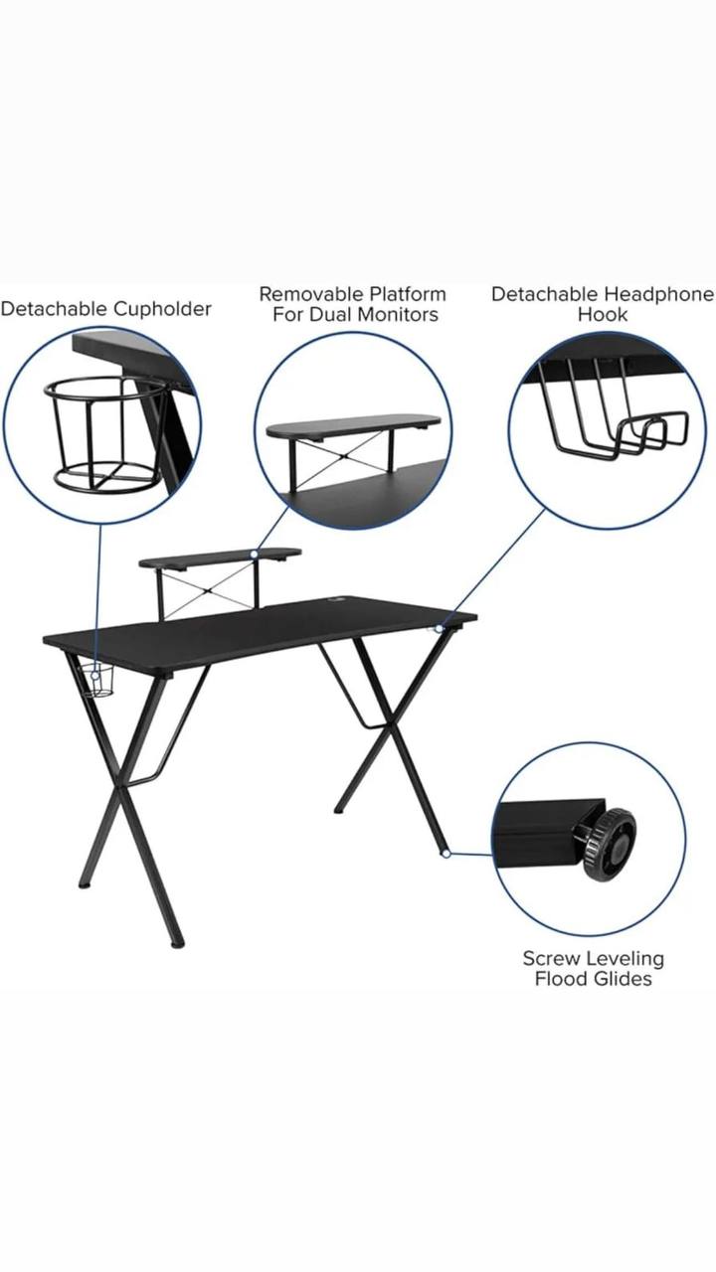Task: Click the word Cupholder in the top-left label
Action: click(x=162, y=309)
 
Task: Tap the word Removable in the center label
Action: click(x=311, y=294)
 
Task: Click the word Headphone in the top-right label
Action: click(x=658, y=294)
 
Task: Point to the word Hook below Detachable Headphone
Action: click(x=603, y=314)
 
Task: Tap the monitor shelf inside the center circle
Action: click(x=353, y=427)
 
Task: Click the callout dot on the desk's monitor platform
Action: click(x=254, y=553)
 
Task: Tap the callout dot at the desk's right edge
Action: click(x=440, y=629)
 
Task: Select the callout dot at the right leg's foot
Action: click(x=447, y=853)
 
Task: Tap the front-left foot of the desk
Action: click(x=178, y=944)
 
